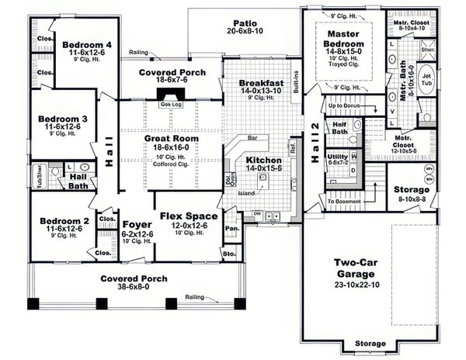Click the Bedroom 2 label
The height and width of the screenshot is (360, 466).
tap(66, 221)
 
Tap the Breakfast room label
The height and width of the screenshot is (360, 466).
tap(260, 82)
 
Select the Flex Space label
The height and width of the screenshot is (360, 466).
tap(188, 216)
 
